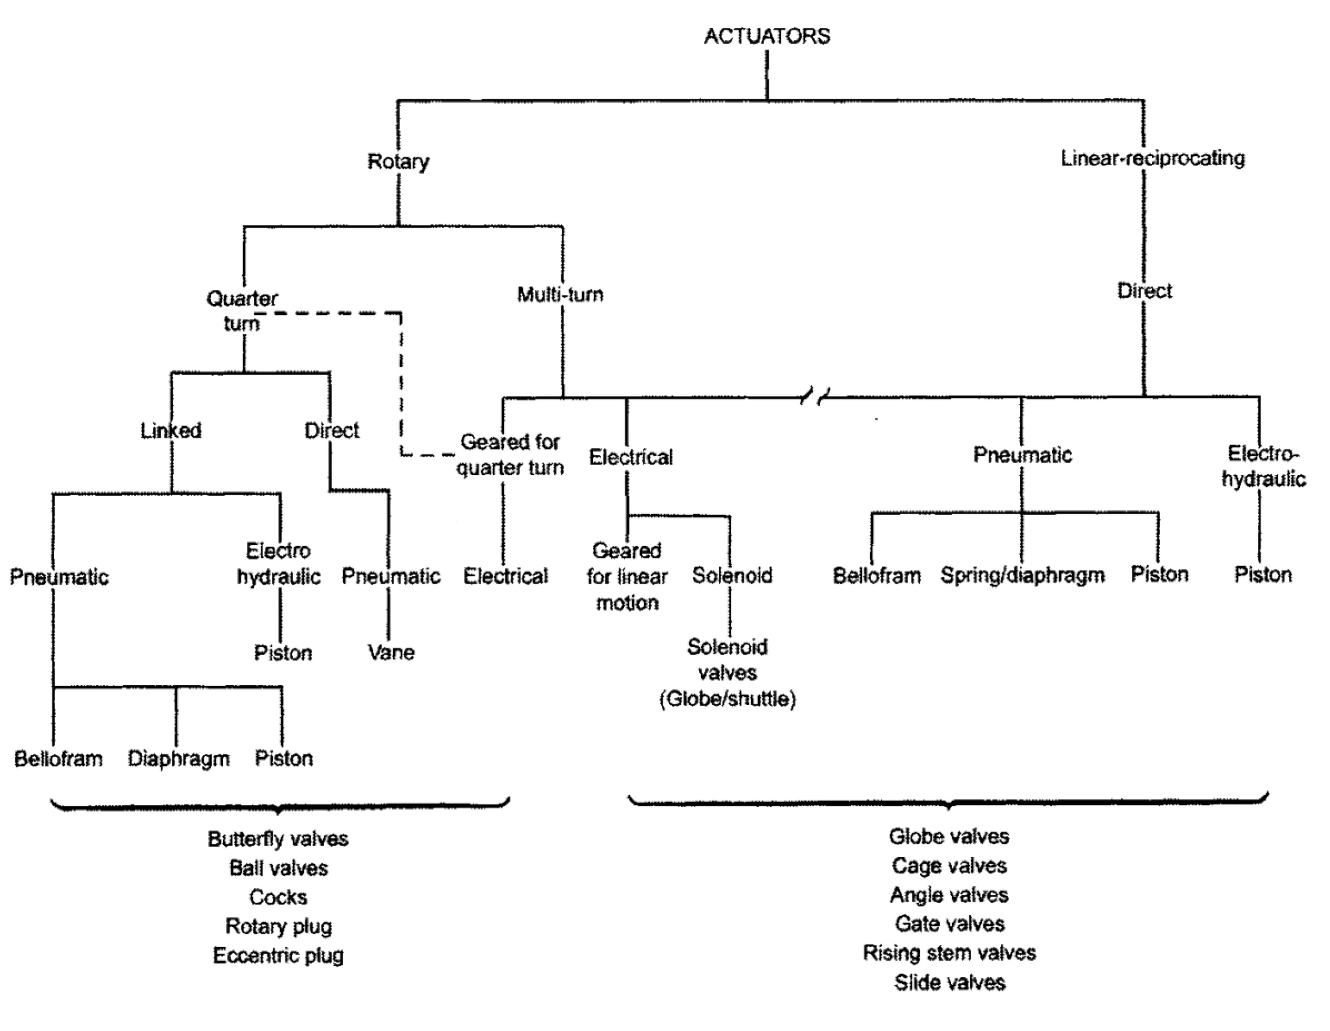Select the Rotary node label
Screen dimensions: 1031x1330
[398, 161]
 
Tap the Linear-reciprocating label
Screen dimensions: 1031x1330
[1152, 159]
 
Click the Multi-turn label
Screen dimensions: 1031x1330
[560, 295]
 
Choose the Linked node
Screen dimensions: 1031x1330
[171, 431]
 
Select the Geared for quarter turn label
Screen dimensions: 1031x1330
[510, 454]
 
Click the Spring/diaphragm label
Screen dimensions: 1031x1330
[1022, 575]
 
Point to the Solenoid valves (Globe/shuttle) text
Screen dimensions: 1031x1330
[728, 672]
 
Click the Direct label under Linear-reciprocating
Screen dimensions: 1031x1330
[1144, 291]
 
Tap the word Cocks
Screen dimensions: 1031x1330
[278, 897]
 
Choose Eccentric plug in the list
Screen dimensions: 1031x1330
[278, 955]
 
